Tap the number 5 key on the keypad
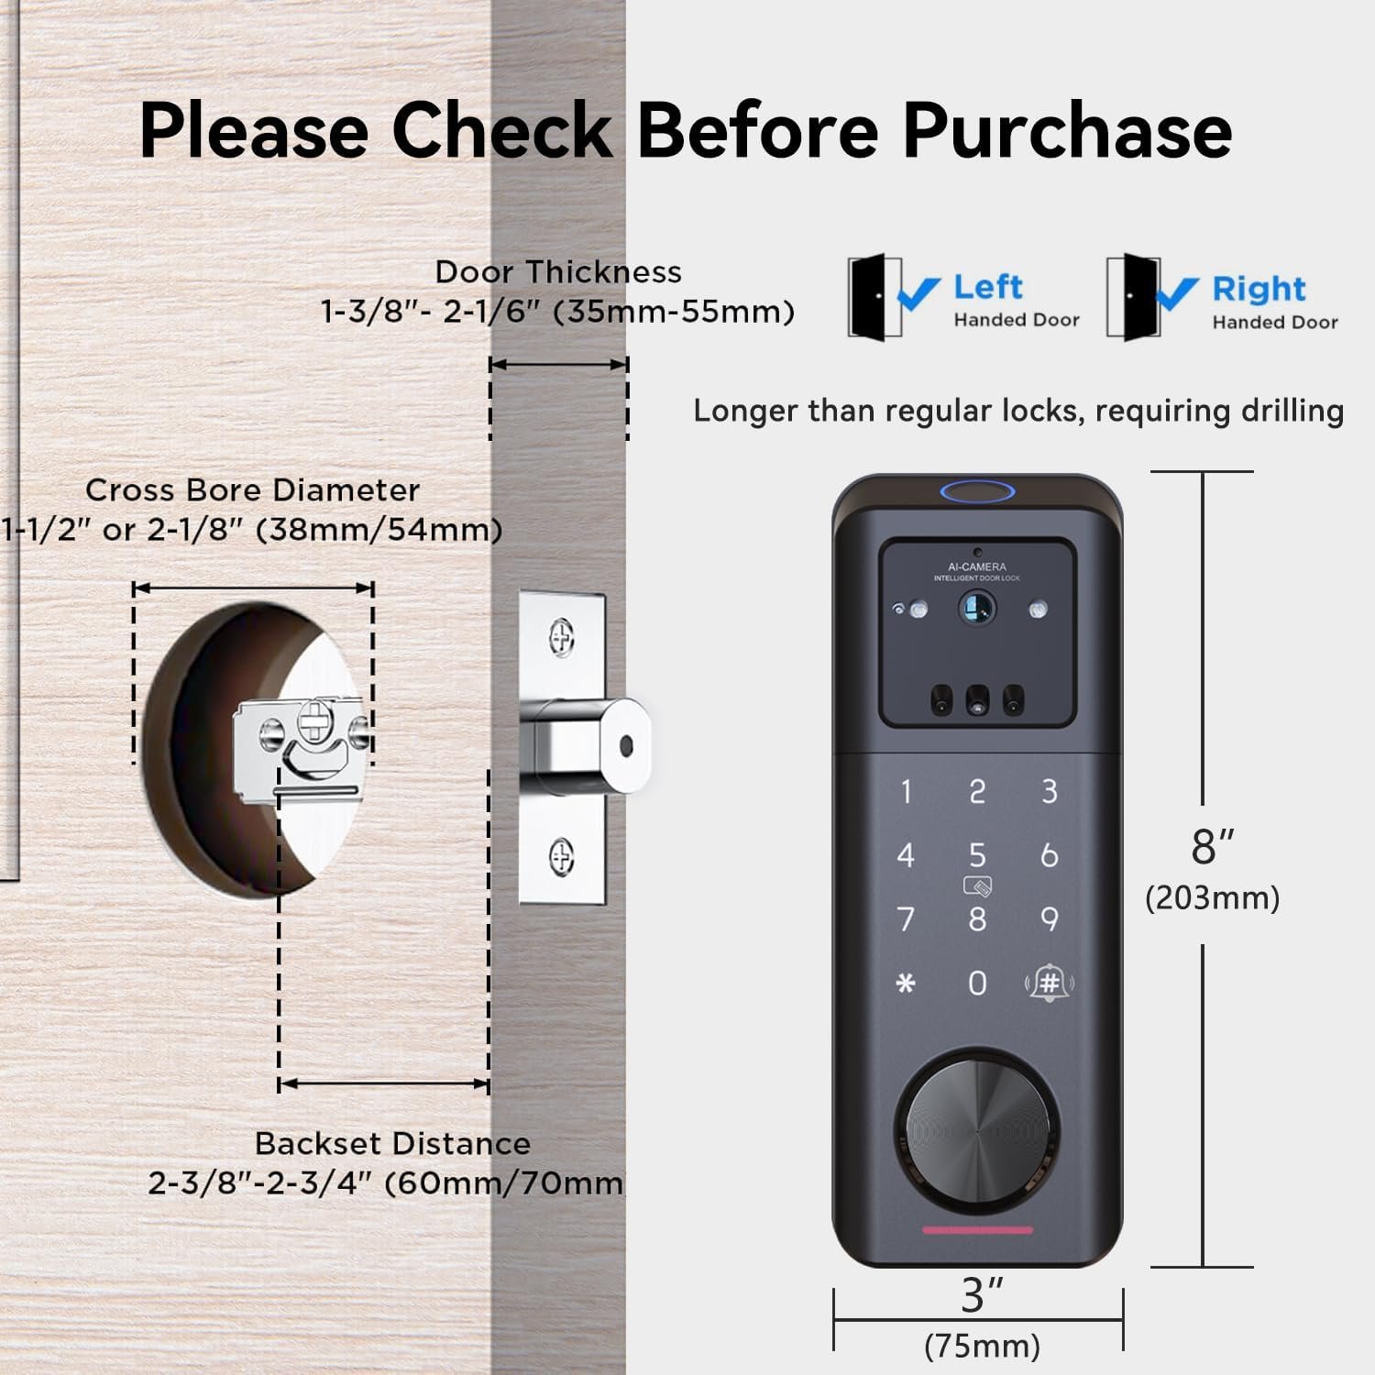coord(977,855)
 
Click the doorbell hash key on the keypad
coord(1050,984)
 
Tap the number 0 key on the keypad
coord(977,984)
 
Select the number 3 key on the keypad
coord(1050,791)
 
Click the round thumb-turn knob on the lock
coord(977,1129)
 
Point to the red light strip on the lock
coord(977,1230)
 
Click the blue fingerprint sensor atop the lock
coord(977,493)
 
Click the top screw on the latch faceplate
coord(561,635)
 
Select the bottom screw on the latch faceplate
coord(561,858)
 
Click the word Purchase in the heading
coord(1068,131)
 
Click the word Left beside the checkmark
coord(987,287)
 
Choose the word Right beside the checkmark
coord(1259,290)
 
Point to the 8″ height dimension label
coord(1213,846)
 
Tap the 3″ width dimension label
coord(983,1295)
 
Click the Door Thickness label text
coord(558,272)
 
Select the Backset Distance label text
coord(392,1144)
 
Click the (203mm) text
coord(1212,897)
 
